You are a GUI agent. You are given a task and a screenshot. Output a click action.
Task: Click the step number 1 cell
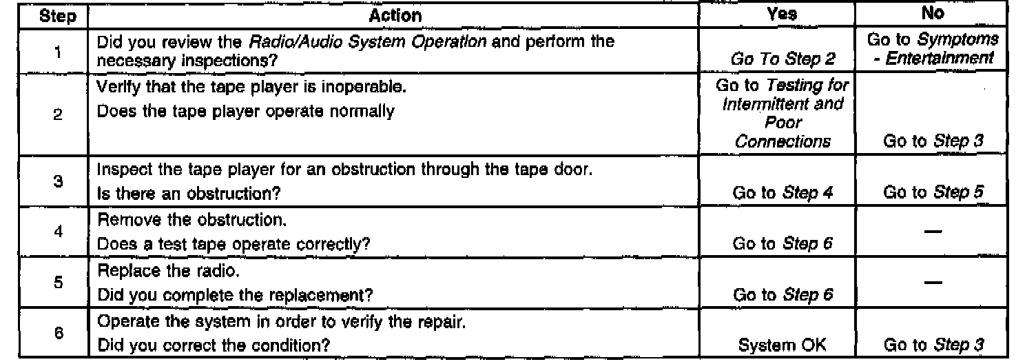(x=58, y=50)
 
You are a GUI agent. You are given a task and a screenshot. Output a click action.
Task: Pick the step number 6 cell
(x=58, y=330)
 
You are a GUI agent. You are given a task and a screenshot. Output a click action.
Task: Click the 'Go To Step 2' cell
(x=782, y=59)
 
